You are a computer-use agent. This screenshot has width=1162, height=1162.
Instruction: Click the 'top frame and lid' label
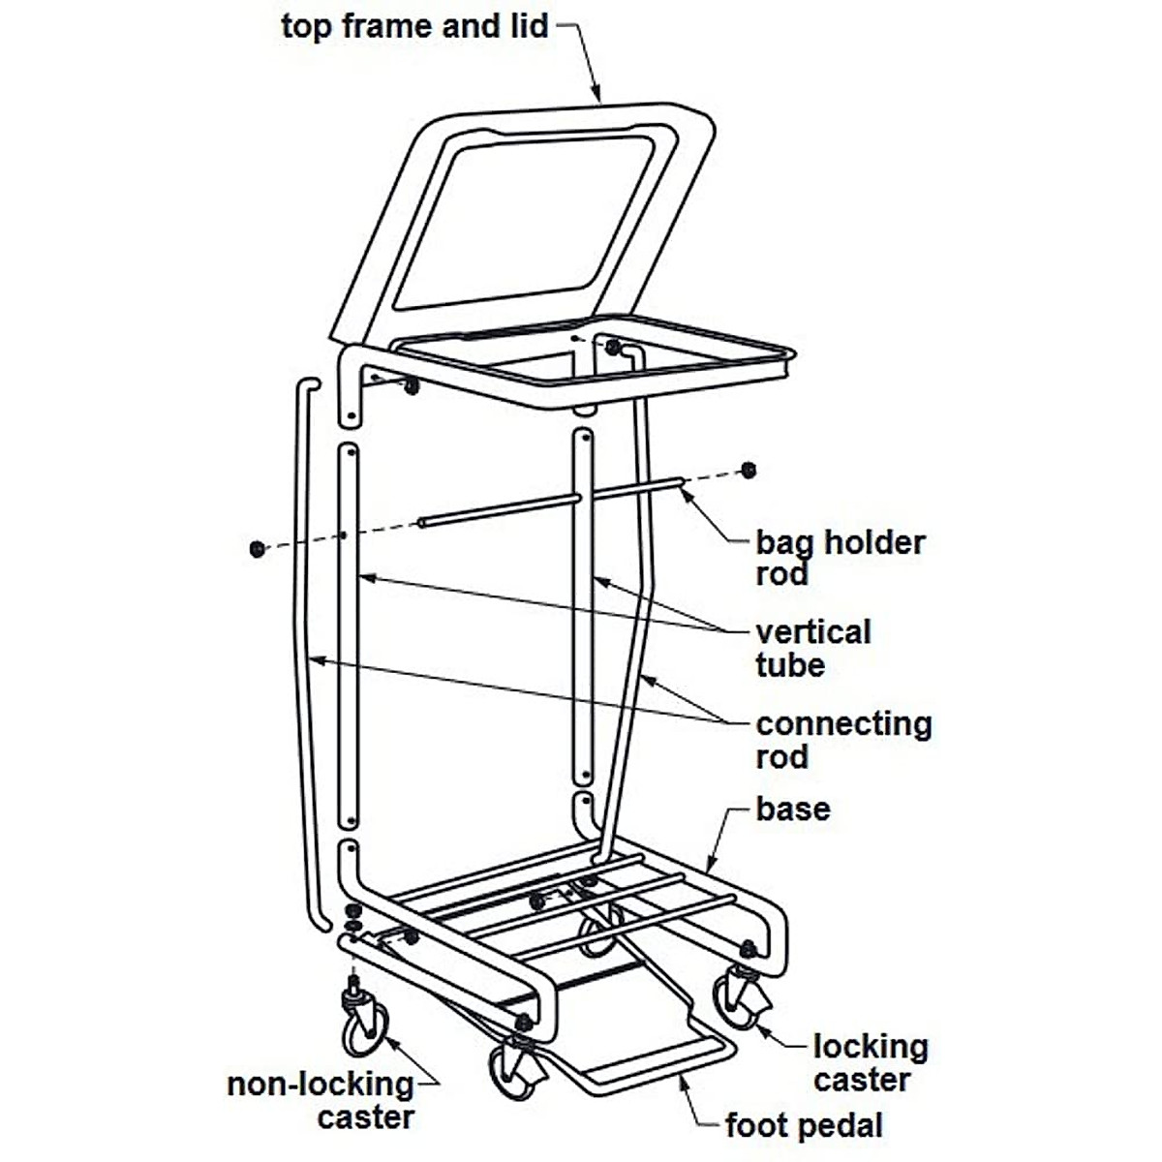(414, 26)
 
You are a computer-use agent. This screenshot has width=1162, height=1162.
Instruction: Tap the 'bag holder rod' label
(840, 558)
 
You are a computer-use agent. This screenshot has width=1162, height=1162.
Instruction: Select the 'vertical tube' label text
(812, 649)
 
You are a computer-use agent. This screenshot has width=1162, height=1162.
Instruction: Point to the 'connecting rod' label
(842, 740)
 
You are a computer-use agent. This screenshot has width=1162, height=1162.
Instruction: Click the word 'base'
(792, 809)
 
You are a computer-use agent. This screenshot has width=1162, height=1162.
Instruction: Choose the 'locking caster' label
(870, 1062)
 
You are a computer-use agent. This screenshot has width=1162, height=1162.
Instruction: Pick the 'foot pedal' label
(804, 1125)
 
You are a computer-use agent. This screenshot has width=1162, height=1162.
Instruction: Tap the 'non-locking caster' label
(321, 1100)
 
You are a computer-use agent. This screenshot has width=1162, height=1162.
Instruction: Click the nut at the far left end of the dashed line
(257, 549)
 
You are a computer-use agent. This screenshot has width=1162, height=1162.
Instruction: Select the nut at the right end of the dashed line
(748, 471)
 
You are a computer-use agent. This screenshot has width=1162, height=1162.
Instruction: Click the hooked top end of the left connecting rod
(306, 385)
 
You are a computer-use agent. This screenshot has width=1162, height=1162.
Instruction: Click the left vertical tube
(350, 629)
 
